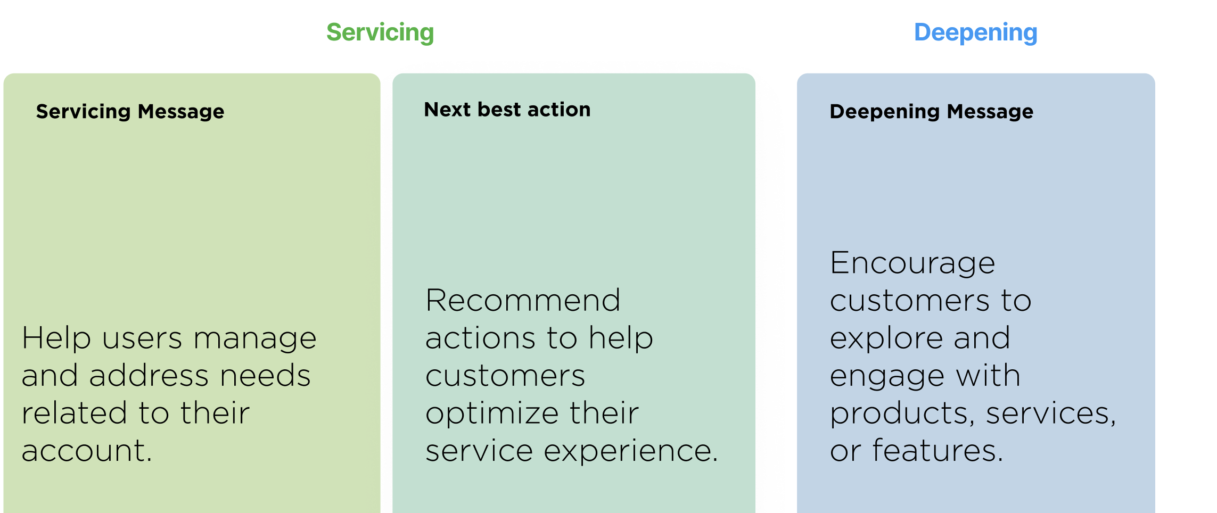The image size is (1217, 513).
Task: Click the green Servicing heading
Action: click(x=380, y=33)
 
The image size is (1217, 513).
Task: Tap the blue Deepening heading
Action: click(x=976, y=33)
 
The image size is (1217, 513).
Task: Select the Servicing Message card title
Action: click(x=130, y=112)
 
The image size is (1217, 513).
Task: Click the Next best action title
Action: click(x=507, y=110)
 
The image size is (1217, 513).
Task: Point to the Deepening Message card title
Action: click(x=932, y=112)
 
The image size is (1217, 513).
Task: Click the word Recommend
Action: click(x=523, y=300)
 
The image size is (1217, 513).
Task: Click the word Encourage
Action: click(x=912, y=263)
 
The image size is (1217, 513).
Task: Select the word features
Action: click(x=938, y=451)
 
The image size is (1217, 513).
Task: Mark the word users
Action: click(x=142, y=339)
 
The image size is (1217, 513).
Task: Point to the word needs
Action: click(x=266, y=376)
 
